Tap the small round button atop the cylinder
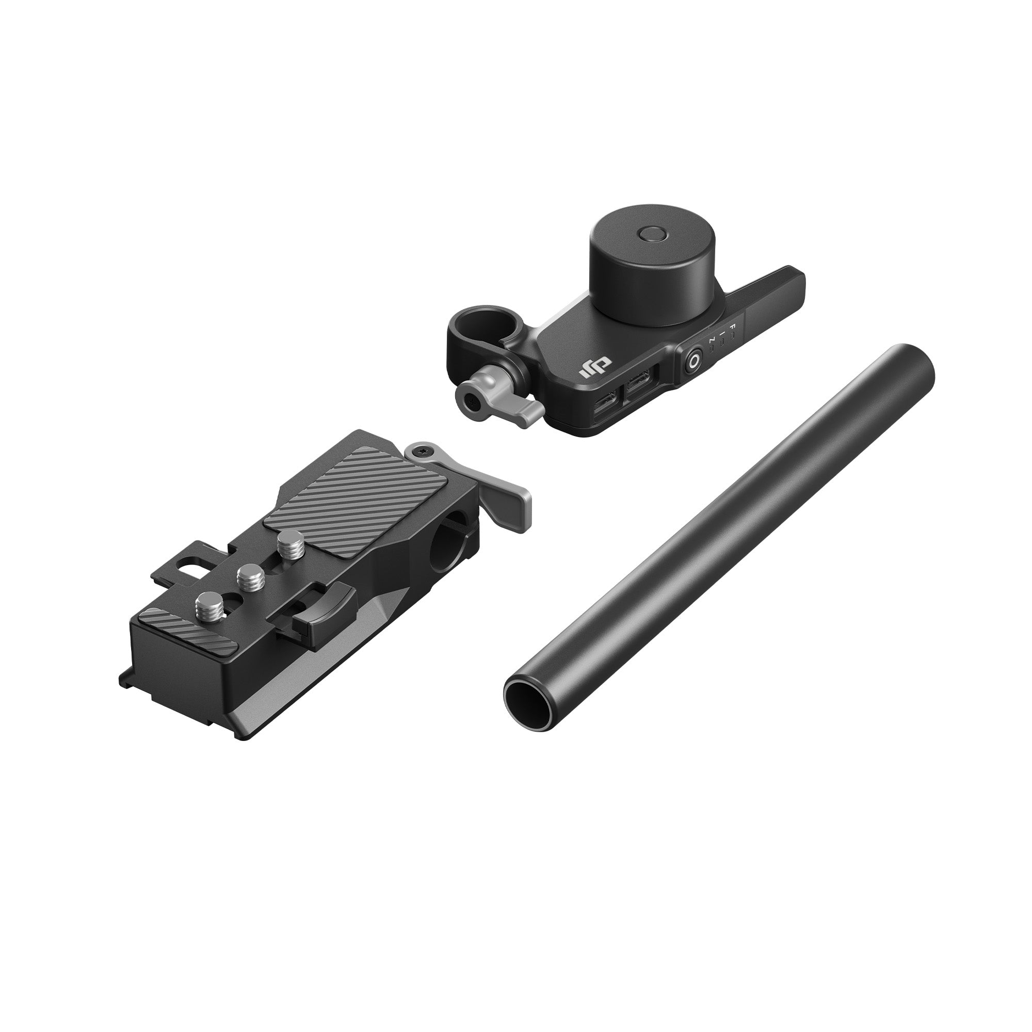point(652,234)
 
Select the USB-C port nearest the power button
point(639,384)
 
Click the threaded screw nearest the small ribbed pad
point(207,606)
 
